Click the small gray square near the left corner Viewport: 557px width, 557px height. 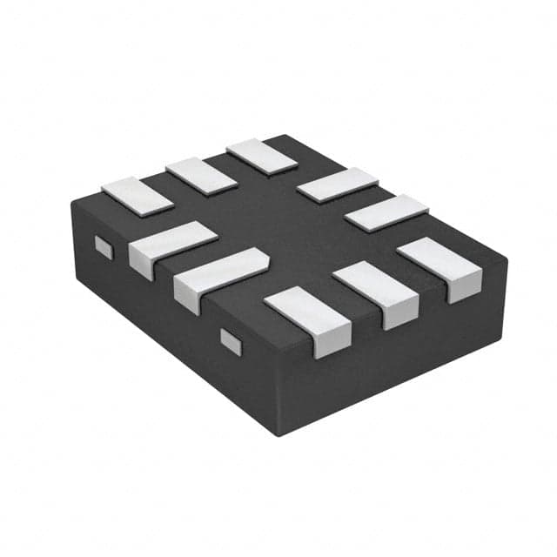point(104,247)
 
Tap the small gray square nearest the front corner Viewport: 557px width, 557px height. point(231,340)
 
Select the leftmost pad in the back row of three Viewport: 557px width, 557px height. point(138,196)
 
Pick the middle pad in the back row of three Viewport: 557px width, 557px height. point(201,175)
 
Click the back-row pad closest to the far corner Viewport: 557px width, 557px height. point(262,155)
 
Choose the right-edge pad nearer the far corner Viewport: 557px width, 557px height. point(337,185)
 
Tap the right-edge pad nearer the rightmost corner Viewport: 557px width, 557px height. point(386,212)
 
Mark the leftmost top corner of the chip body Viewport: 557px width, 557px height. point(73,201)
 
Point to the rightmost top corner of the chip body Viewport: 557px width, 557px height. point(507,258)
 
